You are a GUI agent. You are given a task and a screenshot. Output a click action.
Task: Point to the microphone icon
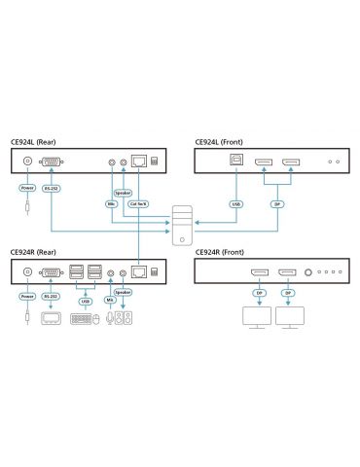108,318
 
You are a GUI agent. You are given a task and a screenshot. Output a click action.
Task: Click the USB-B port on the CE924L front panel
234,163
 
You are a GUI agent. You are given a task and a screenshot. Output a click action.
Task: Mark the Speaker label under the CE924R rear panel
124,291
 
